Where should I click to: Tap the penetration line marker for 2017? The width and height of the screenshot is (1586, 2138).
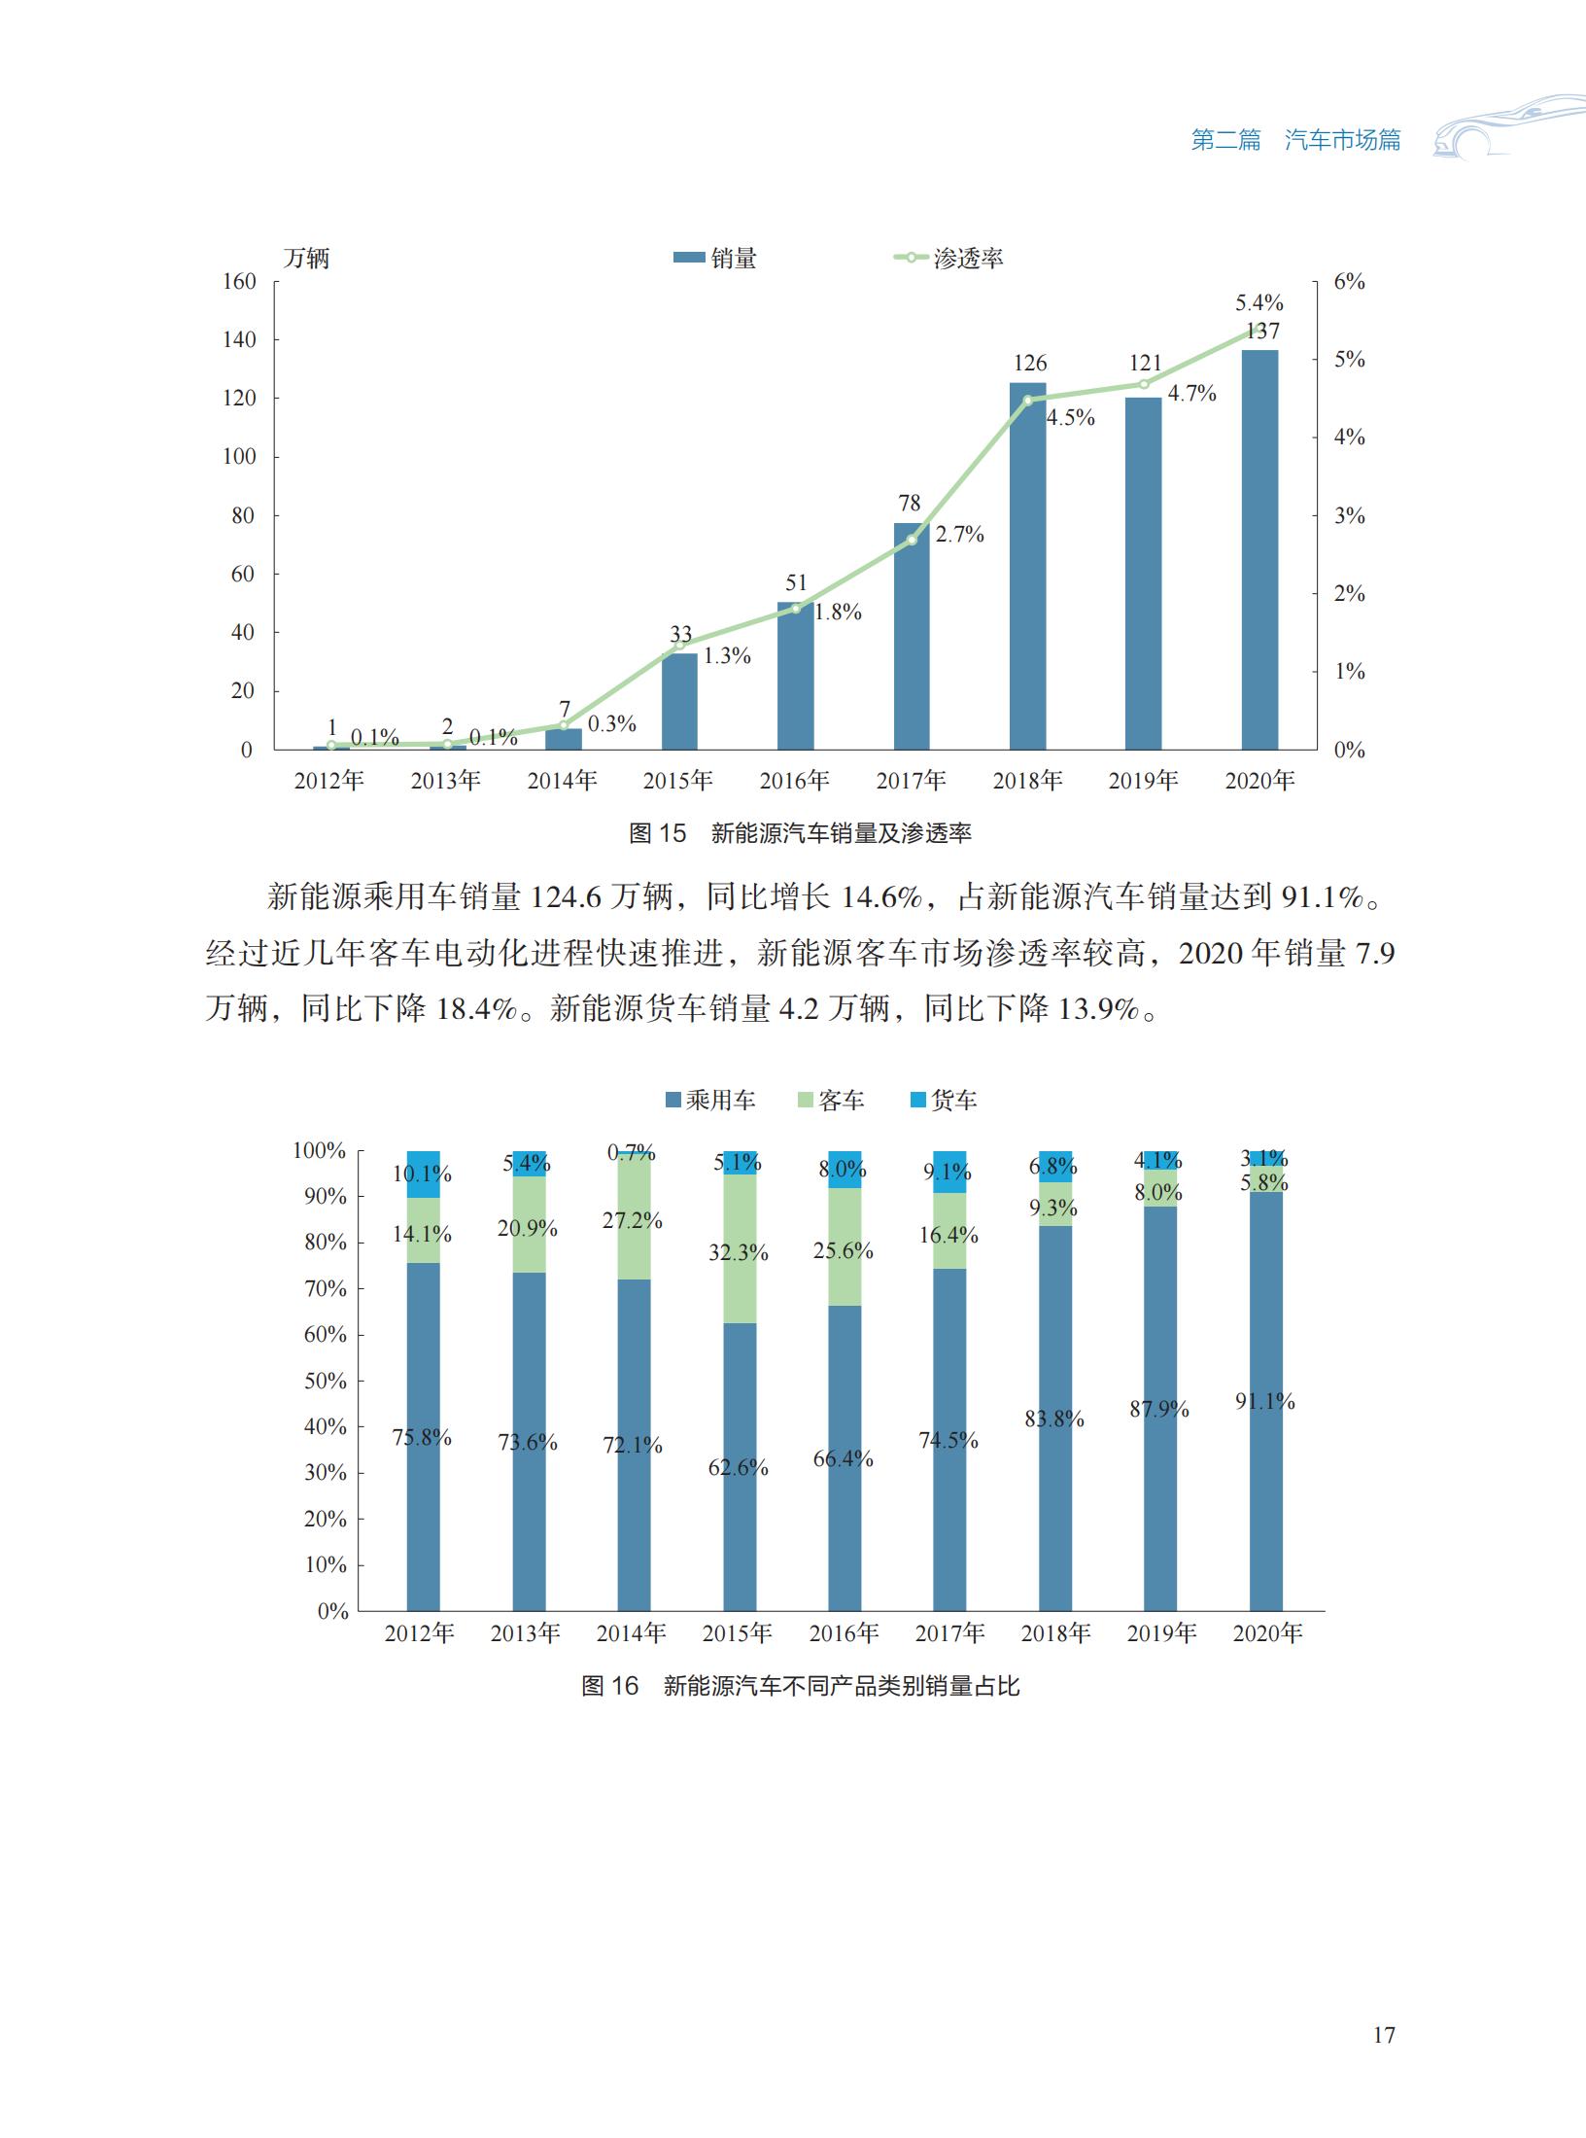912,540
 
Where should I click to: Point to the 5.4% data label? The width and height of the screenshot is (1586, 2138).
1258,303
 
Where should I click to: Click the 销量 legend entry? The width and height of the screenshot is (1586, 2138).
716,259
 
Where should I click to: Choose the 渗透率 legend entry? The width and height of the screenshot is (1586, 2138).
949,259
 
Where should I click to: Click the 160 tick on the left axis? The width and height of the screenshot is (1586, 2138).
239,282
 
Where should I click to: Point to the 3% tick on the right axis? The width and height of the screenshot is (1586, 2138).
1349,516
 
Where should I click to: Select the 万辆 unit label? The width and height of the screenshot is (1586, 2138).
306,259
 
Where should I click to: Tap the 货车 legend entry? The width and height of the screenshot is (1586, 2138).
943,1101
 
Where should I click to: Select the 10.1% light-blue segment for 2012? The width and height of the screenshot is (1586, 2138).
423,1174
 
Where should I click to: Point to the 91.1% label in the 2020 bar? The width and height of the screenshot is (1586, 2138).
1265,1401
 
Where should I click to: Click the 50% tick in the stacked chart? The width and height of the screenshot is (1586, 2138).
326,1381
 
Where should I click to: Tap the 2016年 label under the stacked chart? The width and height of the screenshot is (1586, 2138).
844,1633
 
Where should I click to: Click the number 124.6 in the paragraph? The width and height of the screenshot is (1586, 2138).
567,896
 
